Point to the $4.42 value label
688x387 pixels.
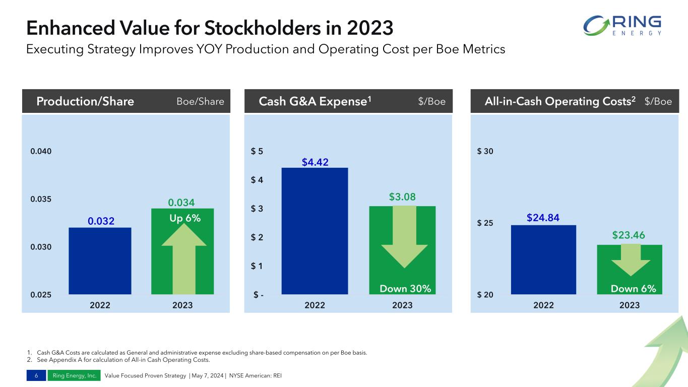point(315,162)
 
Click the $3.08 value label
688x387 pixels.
point(402,197)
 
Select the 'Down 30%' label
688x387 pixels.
point(406,289)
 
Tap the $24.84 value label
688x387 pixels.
point(543,218)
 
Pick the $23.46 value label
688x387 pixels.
point(629,235)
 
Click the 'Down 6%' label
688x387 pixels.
point(634,289)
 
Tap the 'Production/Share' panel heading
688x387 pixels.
point(85,102)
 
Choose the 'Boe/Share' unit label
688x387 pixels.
point(200,102)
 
